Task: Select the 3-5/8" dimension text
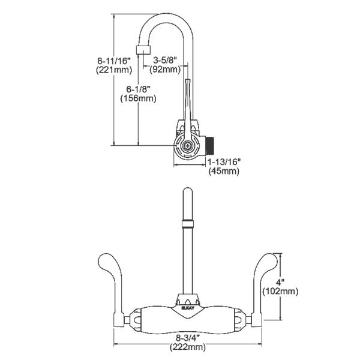(x=166, y=60)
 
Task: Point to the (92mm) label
(x=166, y=69)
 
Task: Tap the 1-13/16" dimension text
(x=223, y=161)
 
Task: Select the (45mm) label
(x=223, y=171)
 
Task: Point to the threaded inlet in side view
(x=211, y=144)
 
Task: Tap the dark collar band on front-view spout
(x=187, y=224)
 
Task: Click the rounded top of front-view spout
(x=187, y=193)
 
